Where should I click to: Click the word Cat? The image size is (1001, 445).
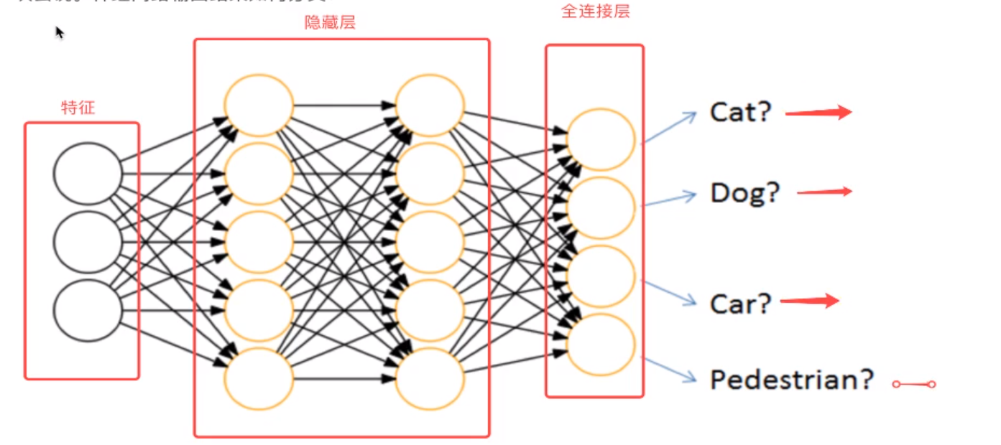coord(740,112)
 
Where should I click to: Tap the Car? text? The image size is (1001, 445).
coord(739,304)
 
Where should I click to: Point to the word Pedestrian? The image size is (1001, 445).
coord(791,380)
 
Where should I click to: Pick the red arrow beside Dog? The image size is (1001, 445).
coord(824,192)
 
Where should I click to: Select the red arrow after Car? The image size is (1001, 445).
coord(810,301)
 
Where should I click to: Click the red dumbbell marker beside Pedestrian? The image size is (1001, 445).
coord(914,385)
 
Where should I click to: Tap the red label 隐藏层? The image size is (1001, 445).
coord(330,23)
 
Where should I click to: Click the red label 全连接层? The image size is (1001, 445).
coord(595,12)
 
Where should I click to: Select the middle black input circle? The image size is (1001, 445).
coord(88,242)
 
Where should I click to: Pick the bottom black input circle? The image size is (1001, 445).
coord(88,310)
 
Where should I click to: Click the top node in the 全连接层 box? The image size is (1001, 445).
coord(601,139)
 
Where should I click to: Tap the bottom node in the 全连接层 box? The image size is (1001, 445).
coord(601,344)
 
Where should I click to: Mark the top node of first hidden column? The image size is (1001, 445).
coord(259,106)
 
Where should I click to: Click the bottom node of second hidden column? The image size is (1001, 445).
coord(430,378)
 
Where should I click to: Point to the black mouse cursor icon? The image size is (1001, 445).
coord(60,32)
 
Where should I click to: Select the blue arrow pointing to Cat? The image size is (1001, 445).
coord(670,127)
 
